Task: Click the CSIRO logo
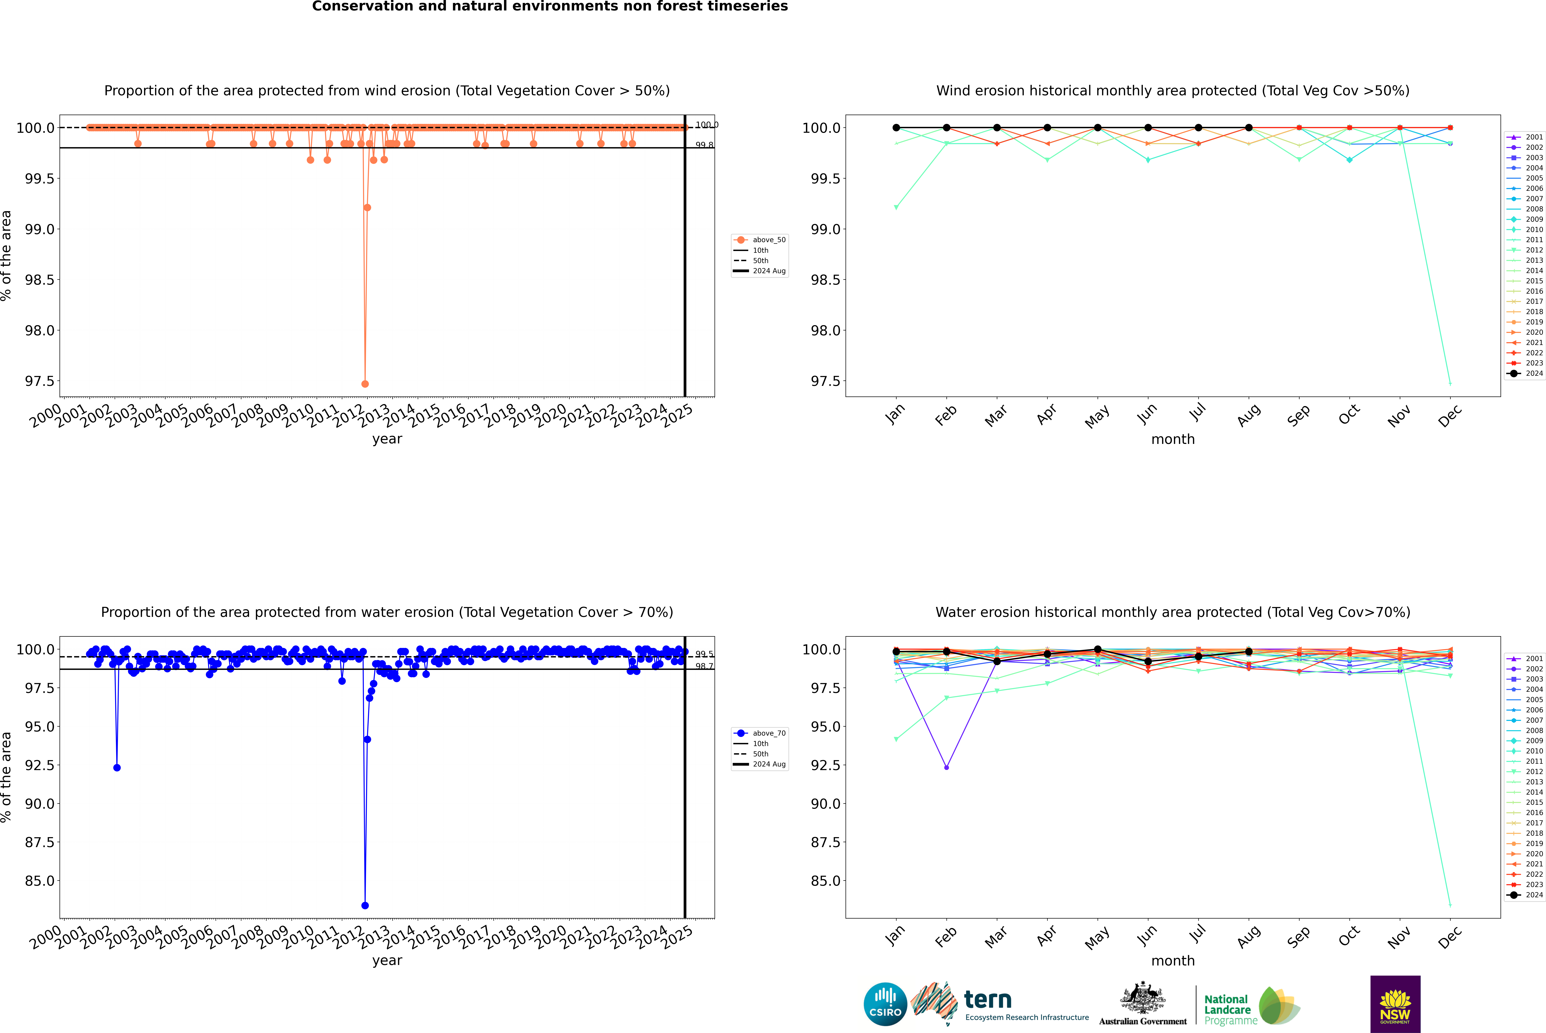point(885,1004)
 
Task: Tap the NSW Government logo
point(1395,1004)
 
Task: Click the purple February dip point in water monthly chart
point(946,767)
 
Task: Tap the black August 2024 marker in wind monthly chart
point(1249,128)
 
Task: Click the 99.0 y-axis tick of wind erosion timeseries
point(40,229)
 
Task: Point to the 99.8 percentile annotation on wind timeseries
point(704,145)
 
